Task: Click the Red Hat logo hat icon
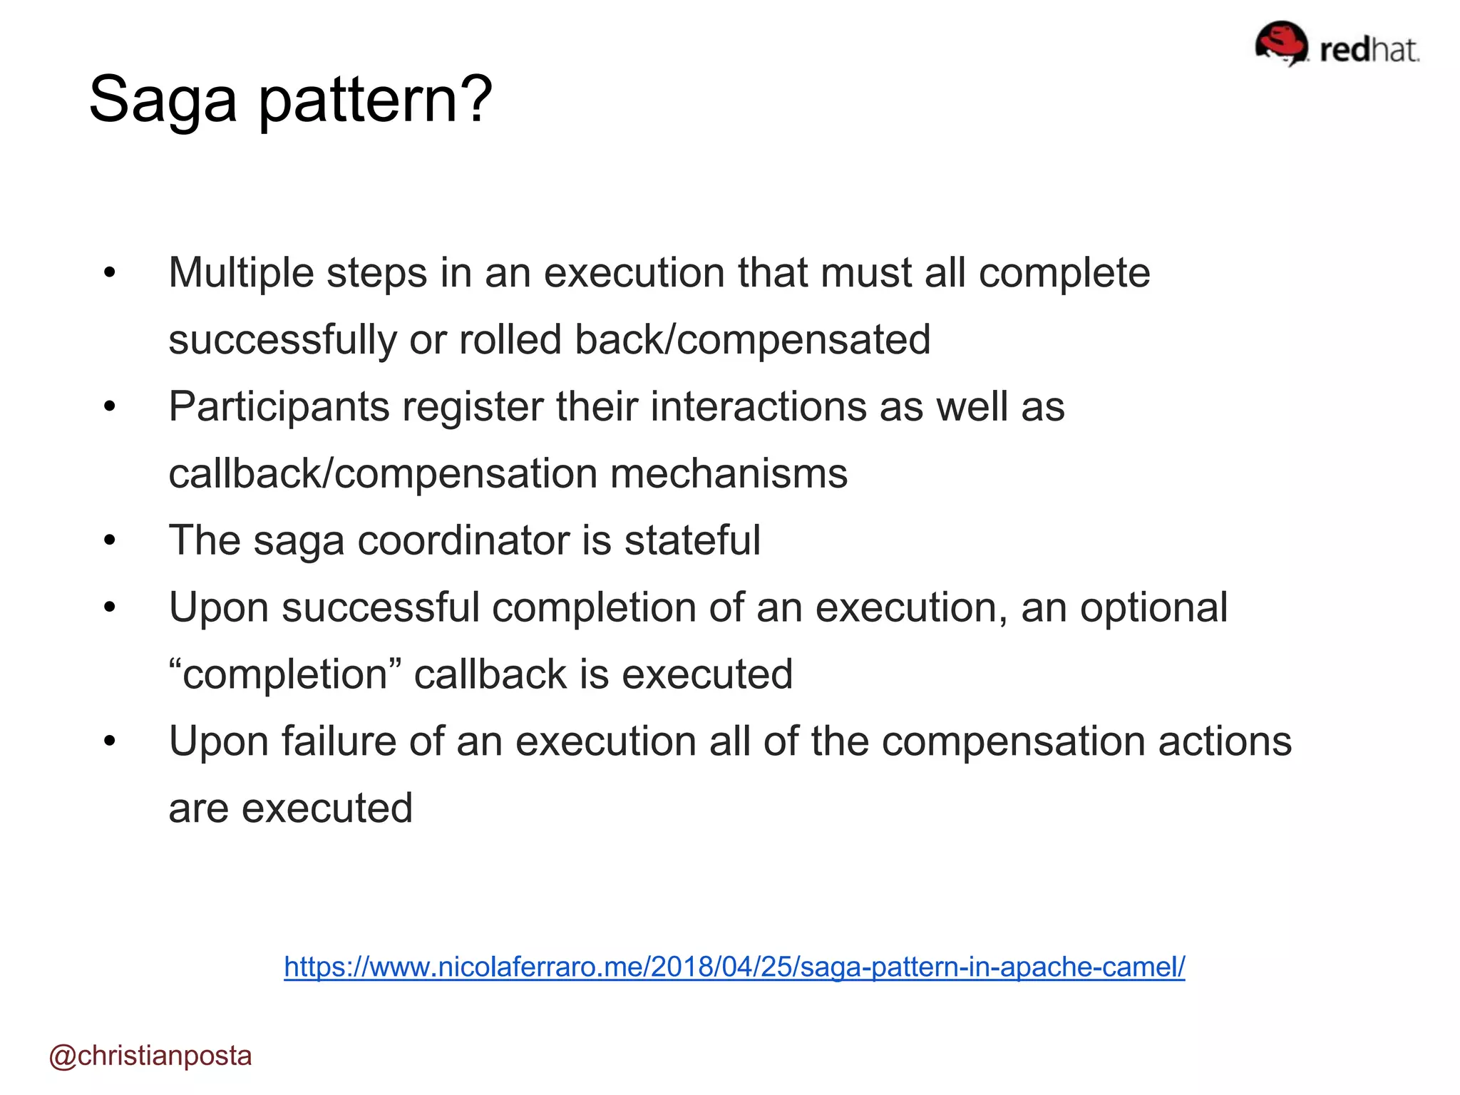coord(1281,43)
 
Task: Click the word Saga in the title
coord(163,100)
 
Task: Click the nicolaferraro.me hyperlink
coord(734,967)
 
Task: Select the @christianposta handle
coord(150,1055)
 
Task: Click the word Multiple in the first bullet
coord(240,273)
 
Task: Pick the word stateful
coord(692,540)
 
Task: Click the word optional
coord(1153,607)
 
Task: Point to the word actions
coord(1224,741)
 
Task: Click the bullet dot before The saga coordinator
coord(109,540)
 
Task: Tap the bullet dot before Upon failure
coord(109,741)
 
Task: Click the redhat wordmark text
coord(1369,50)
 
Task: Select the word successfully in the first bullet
coord(282,339)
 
